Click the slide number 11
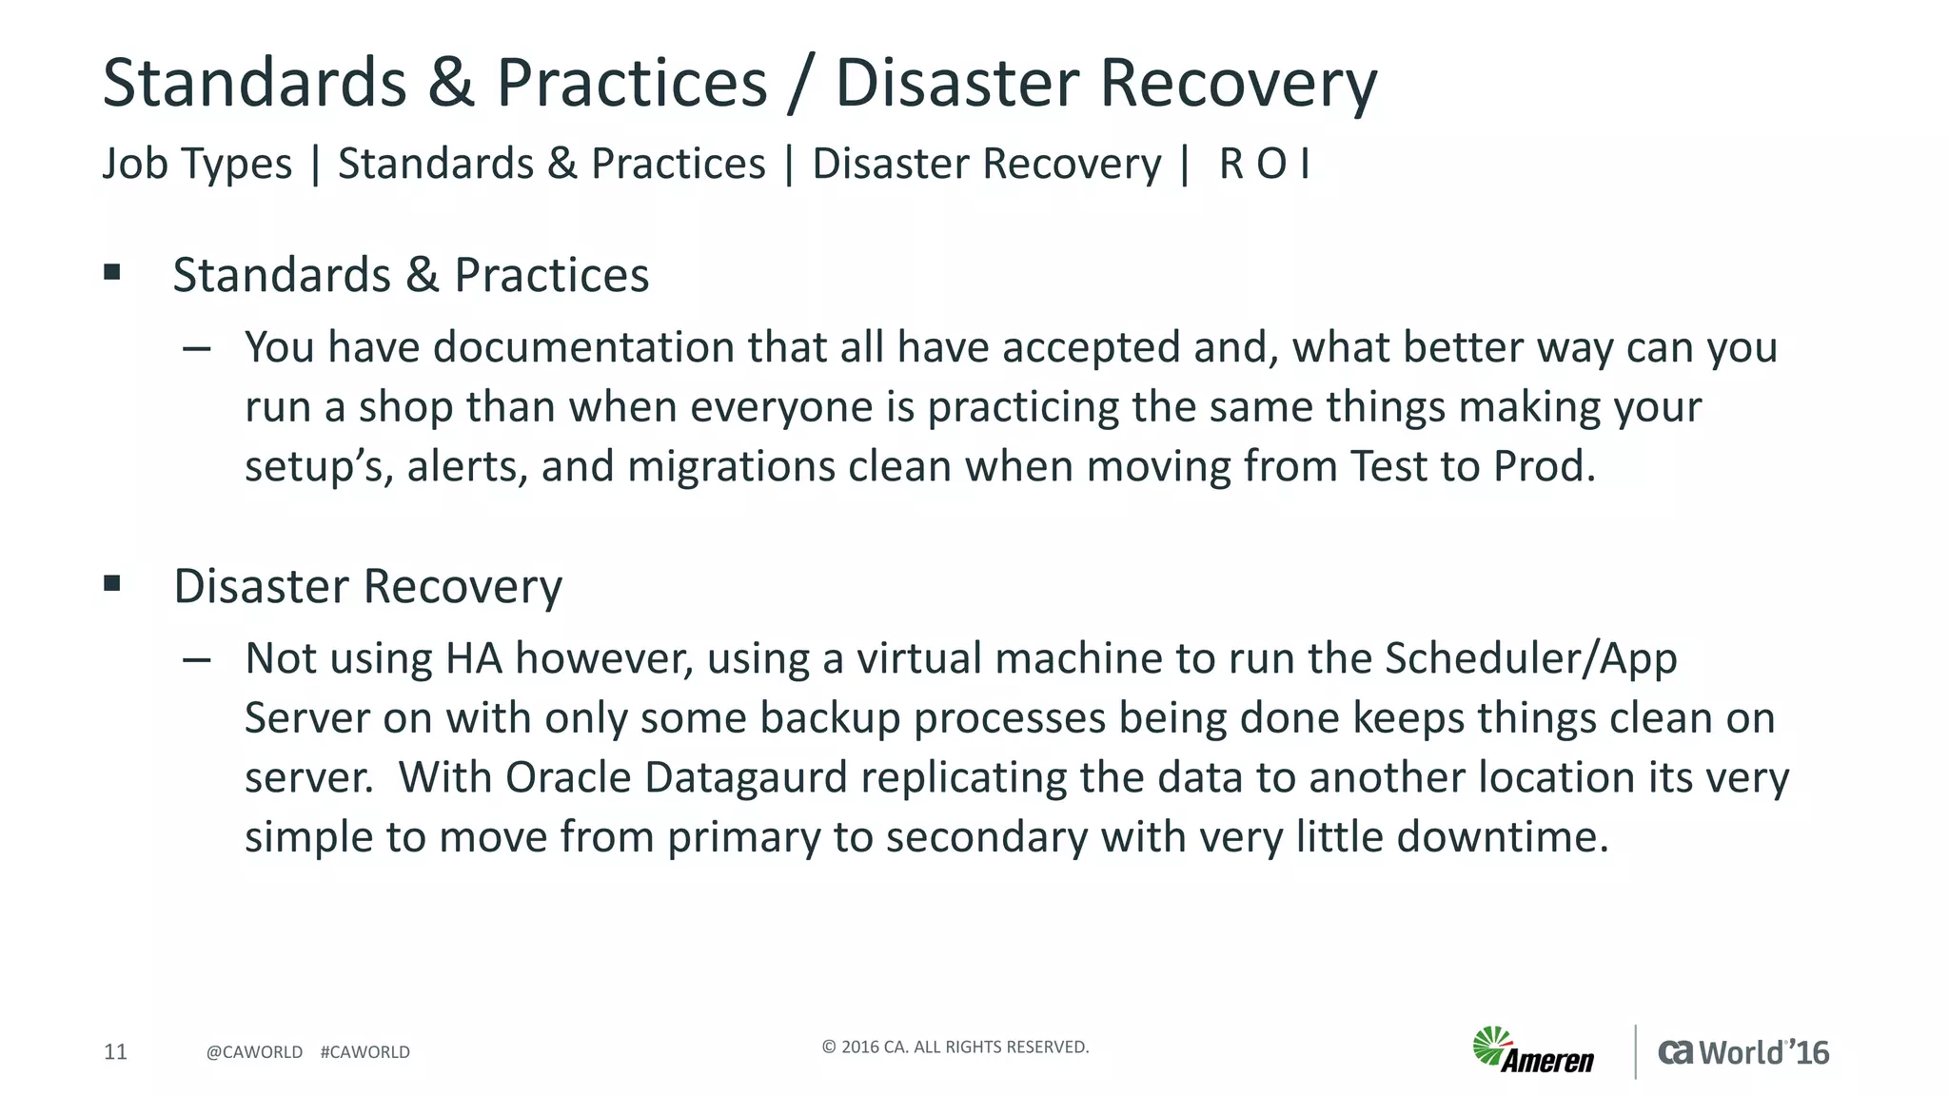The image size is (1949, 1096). (115, 1051)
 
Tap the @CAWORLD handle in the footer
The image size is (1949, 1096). (254, 1052)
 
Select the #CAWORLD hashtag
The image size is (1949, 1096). (365, 1052)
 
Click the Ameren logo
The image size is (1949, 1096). (1534, 1050)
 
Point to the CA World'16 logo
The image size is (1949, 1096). (1743, 1052)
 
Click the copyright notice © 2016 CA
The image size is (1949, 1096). (955, 1047)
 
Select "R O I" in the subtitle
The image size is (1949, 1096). (1264, 164)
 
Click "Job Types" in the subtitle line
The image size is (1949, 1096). (197, 164)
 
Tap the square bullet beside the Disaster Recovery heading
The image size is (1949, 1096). (112, 583)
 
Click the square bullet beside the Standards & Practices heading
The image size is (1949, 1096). (112, 273)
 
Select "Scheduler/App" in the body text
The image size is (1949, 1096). (1530, 659)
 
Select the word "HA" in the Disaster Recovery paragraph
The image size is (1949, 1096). (473, 659)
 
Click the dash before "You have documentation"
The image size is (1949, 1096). (197, 349)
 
